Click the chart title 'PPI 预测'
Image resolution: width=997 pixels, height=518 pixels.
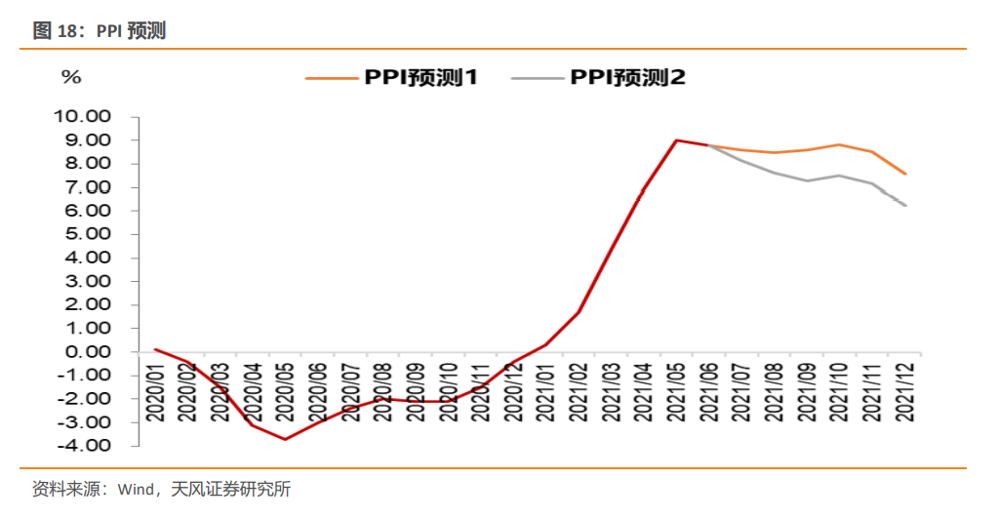[131, 31]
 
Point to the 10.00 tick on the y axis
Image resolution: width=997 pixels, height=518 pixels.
[85, 117]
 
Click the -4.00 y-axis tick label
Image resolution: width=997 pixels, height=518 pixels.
[87, 446]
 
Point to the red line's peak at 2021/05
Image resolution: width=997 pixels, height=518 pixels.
[676, 140]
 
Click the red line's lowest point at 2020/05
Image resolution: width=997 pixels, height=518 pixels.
[285, 439]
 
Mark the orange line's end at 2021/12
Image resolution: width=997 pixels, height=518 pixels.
[905, 174]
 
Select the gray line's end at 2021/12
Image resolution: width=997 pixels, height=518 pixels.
[905, 205]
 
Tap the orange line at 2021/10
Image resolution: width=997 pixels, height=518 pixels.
[839, 144]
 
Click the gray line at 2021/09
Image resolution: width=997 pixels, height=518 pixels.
[807, 180]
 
